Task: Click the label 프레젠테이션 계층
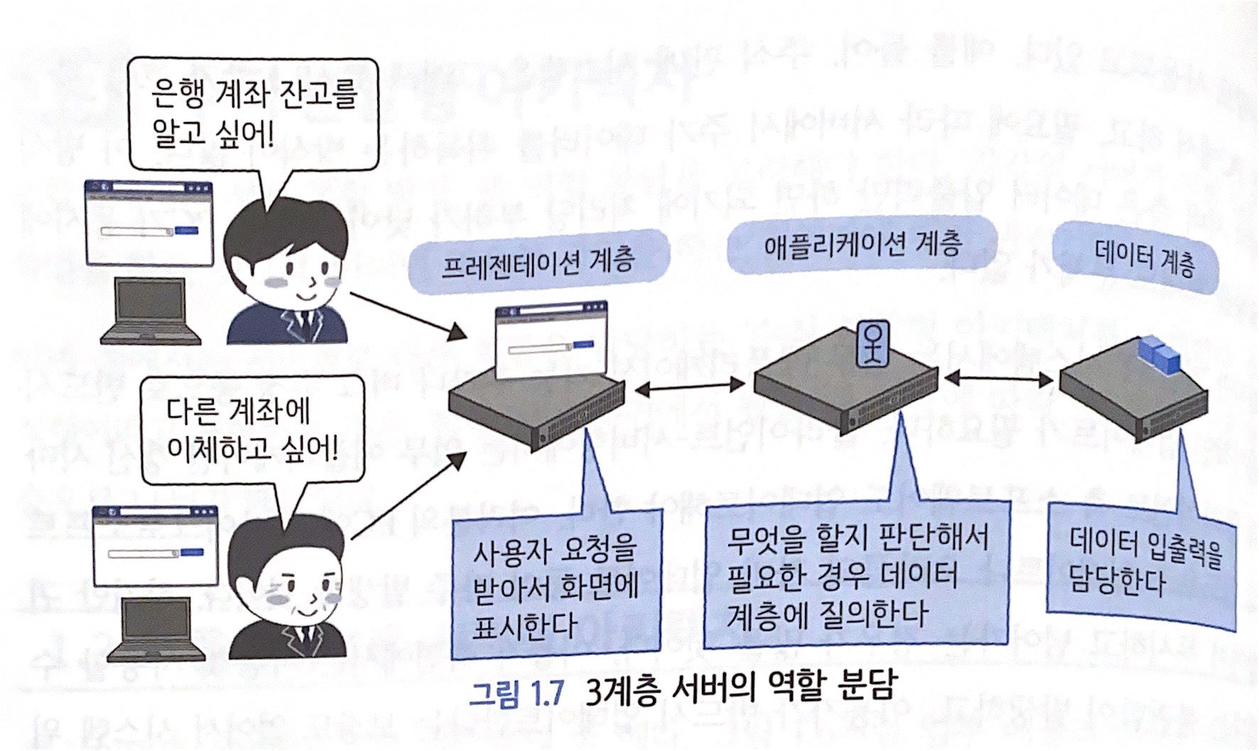click(538, 262)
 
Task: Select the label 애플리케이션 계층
click(863, 246)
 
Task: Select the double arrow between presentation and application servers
click(690, 387)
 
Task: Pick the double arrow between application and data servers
click(998, 379)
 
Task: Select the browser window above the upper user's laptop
click(149, 222)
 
